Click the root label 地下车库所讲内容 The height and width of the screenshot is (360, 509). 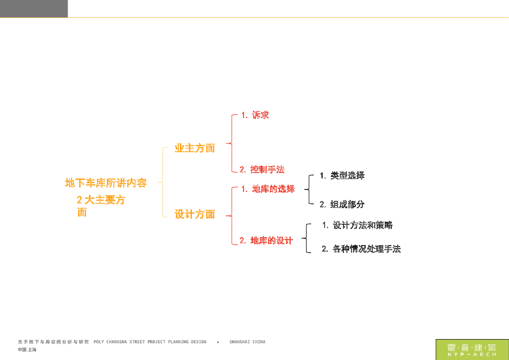(106, 183)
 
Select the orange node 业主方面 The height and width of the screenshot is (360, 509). (194, 148)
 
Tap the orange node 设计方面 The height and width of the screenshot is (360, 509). (194, 215)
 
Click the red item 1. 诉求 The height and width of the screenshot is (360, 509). (255, 115)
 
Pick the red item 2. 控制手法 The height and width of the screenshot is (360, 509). (262, 170)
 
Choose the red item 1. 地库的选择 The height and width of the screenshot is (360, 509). (268, 189)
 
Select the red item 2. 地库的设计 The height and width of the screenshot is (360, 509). (266, 241)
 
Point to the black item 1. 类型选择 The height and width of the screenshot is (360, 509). (342, 176)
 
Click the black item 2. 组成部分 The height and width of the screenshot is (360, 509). (342, 204)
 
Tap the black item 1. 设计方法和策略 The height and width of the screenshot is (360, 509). (357, 225)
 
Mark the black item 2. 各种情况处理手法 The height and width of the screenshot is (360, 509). (361, 249)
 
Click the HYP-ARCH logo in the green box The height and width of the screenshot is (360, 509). (472, 350)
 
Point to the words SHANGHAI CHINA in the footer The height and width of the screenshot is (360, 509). (247, 342)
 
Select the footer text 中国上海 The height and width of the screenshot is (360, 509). (27, 350)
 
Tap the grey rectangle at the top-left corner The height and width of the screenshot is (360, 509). (34, 8)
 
